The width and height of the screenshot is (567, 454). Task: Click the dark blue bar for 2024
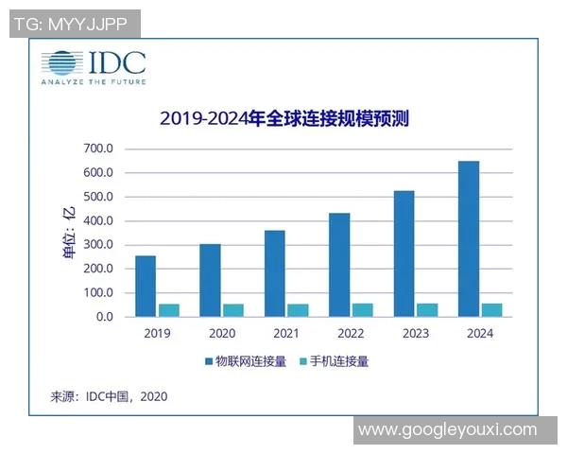468,238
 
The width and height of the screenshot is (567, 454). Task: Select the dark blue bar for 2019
146,286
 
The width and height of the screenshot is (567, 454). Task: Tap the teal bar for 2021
298,310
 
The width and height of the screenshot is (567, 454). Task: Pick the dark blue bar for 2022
339,265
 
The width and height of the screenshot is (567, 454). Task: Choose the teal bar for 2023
427,310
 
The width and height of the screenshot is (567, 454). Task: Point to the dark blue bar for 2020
210,280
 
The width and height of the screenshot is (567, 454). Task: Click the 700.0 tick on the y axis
98,149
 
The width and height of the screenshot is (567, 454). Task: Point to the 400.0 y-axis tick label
98,221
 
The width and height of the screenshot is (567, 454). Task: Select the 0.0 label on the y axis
103,317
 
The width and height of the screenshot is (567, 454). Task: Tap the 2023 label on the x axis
415,333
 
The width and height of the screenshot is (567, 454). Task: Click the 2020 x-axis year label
221,333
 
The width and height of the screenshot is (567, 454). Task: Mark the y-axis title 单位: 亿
68,233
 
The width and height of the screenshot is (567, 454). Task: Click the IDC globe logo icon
60,62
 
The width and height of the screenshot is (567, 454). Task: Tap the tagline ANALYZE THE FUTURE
93,82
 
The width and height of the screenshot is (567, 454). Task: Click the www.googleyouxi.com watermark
447,429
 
